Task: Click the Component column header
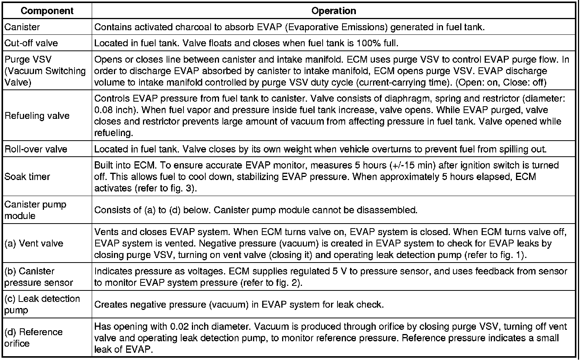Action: click(x=47, y=11)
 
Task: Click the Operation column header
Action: click(x=334, y=11)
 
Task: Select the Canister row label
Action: click(x=22, y=27)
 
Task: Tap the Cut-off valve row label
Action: click(x=31, y=43)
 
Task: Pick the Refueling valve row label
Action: click(x=37, y=116)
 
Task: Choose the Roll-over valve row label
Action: click(x=36, y=149)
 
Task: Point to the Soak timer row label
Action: click(x=28, y=177)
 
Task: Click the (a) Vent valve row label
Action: click(x=34, y=243)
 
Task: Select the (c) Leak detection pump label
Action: click(x=42, y=304)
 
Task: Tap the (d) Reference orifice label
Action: click(x=33, y=337)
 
